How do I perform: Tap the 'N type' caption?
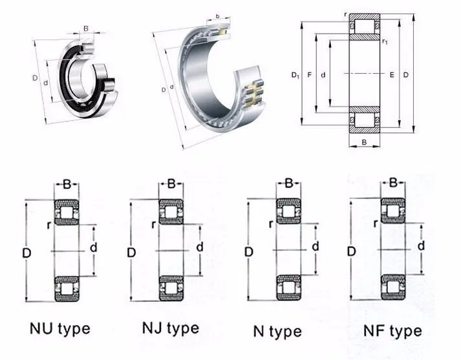(x=277, y=332)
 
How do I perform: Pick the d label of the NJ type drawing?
(x=200, y=247)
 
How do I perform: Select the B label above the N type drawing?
(x=290, y=185)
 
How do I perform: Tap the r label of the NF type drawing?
(x=375, y=224)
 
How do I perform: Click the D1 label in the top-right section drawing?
(x=295, y=76)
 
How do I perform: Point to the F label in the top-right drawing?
(x=310, y=76)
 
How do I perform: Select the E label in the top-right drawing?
(x=392, y=76)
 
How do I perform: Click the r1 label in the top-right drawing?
(x=385, y=42)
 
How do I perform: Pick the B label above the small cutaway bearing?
(x=86, y=28)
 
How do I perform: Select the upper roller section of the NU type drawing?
(x=66, y=213)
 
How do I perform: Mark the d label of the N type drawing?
(x=315, y=247)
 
